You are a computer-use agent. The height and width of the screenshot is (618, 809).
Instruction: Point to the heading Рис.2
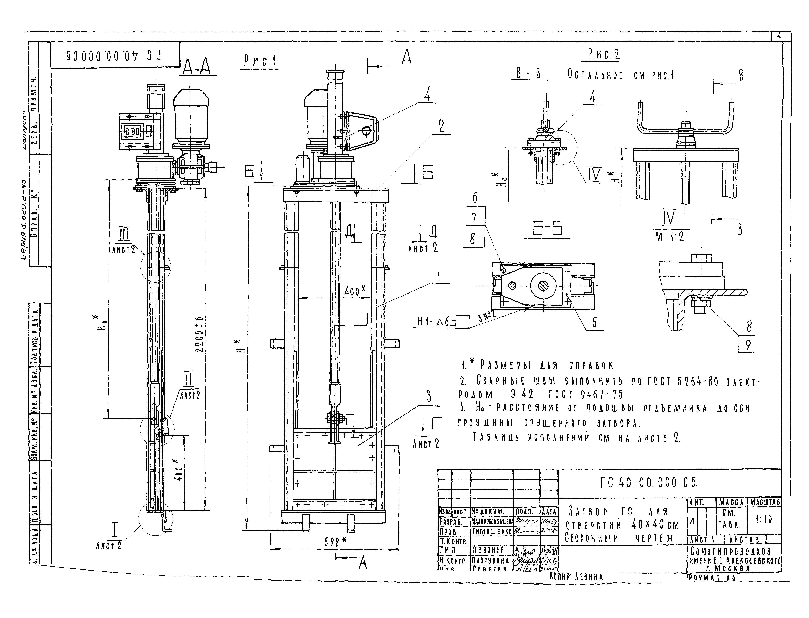(x=603, y=54)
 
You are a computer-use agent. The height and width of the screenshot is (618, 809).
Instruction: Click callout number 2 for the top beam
(x=441, y=126)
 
